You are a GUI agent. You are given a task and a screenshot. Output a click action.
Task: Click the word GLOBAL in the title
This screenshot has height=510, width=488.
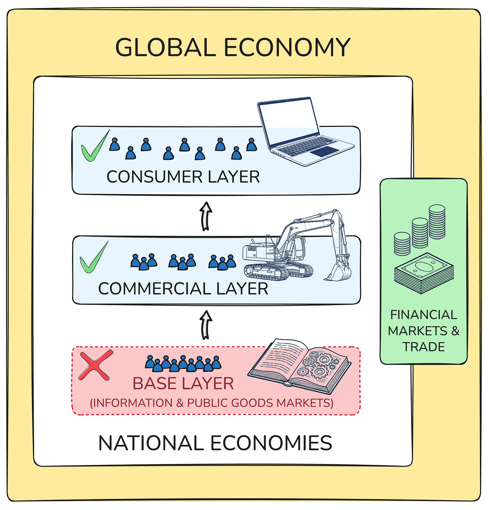coord(165,47)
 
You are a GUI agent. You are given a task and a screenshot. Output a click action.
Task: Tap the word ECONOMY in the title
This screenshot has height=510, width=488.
coord(287,47)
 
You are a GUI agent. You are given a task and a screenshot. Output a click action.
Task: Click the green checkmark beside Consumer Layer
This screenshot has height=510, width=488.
coord(94,147)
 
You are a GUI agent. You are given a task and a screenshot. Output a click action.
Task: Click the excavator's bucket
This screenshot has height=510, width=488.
coord(338,272)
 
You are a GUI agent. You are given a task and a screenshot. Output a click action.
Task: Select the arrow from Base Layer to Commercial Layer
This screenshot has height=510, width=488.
coord(206,325)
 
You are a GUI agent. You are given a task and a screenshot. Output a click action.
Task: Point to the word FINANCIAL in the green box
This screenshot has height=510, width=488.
coord(424,315)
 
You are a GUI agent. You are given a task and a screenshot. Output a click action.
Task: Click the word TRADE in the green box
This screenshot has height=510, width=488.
coord(424,347)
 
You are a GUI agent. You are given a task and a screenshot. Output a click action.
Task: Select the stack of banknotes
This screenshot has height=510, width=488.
coord(424,273)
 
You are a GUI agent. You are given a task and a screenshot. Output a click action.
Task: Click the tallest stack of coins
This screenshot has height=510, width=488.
coord(437,222)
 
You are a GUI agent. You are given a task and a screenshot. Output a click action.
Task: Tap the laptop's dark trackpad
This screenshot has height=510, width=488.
coord(324,151)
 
